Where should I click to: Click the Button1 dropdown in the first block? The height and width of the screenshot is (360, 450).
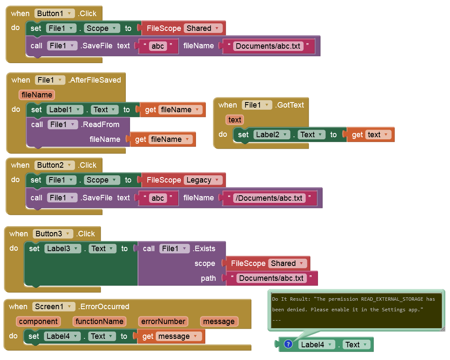tap(55, 13)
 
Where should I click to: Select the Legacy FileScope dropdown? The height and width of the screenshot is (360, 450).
tap(203, 180)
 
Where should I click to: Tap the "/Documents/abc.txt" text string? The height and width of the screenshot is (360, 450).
tap(269, 198)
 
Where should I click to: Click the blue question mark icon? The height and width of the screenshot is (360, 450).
tap(288, 344)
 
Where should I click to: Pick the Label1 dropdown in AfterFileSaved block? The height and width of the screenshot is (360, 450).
tap(64, 110)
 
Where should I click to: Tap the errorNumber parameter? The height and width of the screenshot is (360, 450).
tap(163, 321)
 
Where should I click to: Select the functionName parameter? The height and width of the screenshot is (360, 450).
tap(99, 321)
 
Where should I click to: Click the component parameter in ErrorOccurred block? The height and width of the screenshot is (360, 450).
tap(38, 321)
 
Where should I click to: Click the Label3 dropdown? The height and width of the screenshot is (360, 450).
tap(62, 249)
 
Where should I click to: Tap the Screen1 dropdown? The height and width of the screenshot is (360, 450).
tap(53, 307)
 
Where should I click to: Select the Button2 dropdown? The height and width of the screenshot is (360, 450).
tap(55, 165)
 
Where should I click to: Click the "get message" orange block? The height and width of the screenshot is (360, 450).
tap(170, 336)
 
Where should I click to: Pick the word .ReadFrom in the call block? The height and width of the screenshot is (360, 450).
tap(101, 125)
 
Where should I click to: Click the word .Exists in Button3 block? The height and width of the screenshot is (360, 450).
tap(204, 249)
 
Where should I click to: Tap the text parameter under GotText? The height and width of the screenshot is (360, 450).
tap(235, 120)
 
